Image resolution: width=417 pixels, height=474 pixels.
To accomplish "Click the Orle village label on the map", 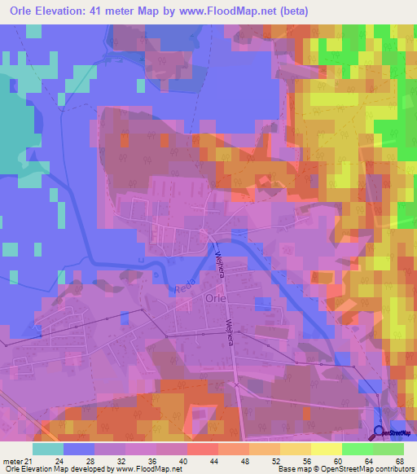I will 216,299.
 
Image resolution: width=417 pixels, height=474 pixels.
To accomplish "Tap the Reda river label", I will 184,289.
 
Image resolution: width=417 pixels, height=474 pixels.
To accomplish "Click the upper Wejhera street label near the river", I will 219,263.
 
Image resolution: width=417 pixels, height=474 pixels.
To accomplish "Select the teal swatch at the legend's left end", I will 48,449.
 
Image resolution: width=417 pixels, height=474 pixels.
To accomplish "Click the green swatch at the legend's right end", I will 388,449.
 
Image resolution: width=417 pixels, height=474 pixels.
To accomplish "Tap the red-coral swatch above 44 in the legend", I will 204,449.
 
